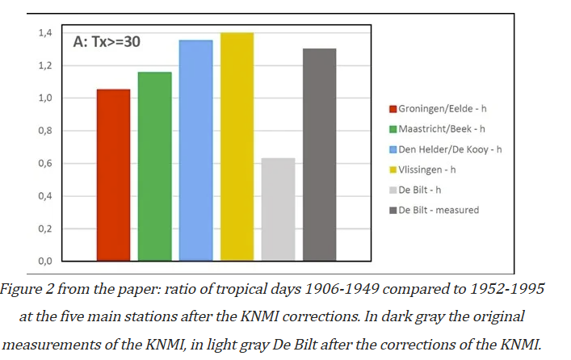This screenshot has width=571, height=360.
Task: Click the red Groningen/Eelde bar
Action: click(x=113, y=175)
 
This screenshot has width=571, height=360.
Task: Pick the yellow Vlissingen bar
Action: click(x=237, y=147)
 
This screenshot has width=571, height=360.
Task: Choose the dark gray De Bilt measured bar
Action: click(x=319, y=155)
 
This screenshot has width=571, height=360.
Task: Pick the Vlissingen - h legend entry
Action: click(x=427, y=169)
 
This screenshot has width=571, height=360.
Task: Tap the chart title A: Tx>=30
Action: click(x=107, y=41)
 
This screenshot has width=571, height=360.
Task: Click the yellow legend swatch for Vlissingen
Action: click(x=393, y=169)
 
